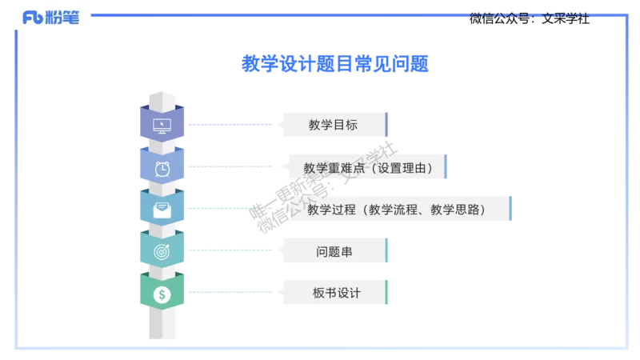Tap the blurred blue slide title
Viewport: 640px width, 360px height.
pyautogui.click(x=334, y=62)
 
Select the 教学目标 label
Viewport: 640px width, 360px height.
pyautogui.click(x=333, y=125)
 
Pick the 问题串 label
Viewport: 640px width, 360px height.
pyautogui.click(x=334, y=252)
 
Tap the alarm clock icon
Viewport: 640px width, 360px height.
pyautogui.click(x=162, y=168)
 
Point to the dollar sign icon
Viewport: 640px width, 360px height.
pyautogui.click(x=162, y=294)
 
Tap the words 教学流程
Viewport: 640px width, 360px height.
pyautogui.click(x=392, y=210)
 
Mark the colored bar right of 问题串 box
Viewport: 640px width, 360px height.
pyautogui.click(x=387, y=252)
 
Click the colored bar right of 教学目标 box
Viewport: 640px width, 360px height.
pyautogui.click(x=387, y=125)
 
